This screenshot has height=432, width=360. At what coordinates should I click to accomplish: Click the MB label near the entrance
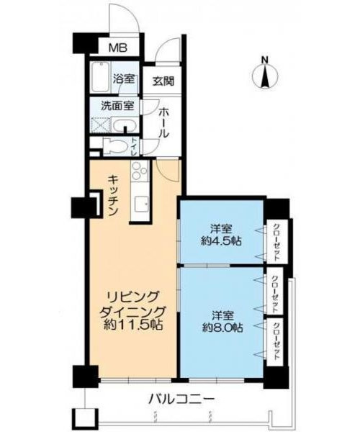[x=117, y=48]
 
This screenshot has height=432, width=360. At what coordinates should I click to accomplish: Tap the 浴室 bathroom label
[x=125, y=79]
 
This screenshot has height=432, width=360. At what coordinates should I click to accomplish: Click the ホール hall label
[x=163, y=123]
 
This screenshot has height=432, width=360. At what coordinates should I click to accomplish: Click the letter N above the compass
[x=264, y=60]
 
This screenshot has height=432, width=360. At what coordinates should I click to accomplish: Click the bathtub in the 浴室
[x=102, y=78]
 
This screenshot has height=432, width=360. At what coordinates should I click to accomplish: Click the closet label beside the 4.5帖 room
[x=276, y=243]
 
